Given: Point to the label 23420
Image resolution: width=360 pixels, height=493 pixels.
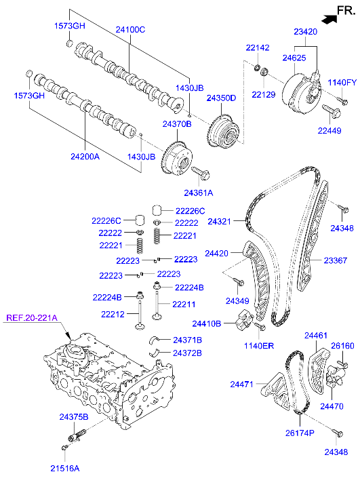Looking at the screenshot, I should (306, 31).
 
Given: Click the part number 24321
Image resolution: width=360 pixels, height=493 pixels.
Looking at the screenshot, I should (220, 222).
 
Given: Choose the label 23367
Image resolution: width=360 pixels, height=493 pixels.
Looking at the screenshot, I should (336, 260).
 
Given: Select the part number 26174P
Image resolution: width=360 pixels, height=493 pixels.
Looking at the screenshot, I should (299, 433).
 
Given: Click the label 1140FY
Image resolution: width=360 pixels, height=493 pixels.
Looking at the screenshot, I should (342, 82).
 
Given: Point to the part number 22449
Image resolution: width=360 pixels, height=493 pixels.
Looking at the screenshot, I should (331, 130).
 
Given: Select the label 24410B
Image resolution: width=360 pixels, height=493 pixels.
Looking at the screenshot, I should (206, 323).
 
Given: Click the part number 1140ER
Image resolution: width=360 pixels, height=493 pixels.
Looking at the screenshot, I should (259, 346).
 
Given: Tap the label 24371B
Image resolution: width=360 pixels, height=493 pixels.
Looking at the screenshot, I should (187, 339).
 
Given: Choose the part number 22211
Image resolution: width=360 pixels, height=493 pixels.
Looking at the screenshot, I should (184, 304).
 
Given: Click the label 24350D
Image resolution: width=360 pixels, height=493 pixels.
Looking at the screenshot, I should (222, 98).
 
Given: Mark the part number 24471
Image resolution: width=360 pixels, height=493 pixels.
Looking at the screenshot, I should (241, 384).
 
